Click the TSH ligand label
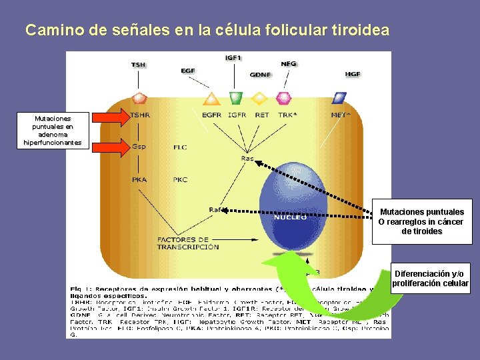point(138,65)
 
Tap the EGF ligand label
point(188,71)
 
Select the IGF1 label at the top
point(233,58)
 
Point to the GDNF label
point(260,75)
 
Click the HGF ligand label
point(353,74)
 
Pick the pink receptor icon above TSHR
point(139,99)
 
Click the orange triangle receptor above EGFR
point(211,99)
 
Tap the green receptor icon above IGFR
point(235,98)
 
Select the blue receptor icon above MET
point(339,98)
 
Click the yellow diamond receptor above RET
point(260,99)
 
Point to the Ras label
point(247,159)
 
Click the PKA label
point(139,179)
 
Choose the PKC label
point(180,179)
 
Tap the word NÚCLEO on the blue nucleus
point(290,217)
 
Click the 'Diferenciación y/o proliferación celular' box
point(431,279)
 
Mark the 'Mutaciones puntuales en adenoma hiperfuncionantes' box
point(53,130)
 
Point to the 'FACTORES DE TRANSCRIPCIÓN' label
point(187,243)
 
